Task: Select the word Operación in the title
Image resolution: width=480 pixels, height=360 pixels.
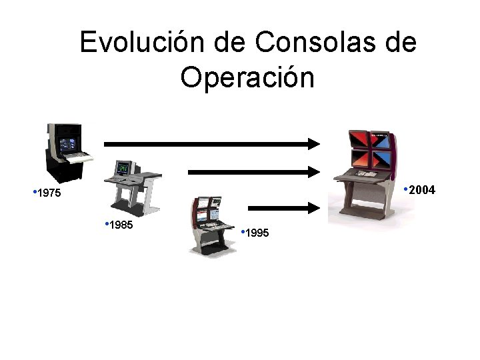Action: click(247, 77)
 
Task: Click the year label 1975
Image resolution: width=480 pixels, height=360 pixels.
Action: click(49, 194)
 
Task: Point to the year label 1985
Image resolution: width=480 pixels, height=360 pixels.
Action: click(121, 225)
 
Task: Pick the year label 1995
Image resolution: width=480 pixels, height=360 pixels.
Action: click(257, 233)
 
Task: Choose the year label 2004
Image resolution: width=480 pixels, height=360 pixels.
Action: click(421, 191)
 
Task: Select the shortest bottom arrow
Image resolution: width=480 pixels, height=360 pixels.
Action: click(287, 207)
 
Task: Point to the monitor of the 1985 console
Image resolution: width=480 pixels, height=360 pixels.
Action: click(124, 169)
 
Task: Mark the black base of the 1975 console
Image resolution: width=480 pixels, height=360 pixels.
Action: click(63, 170)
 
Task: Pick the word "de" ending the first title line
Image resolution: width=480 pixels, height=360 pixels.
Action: click(400, 43)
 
